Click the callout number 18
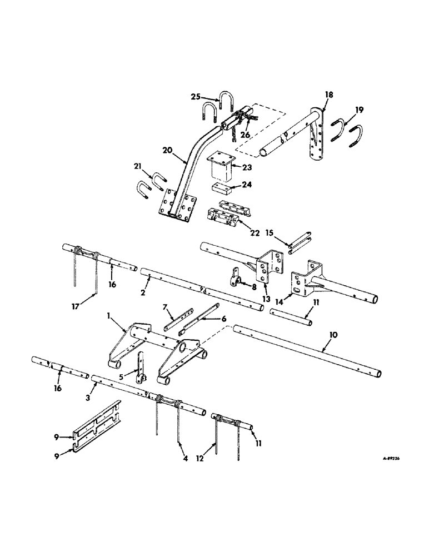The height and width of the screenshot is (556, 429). [x=329, y=96]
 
